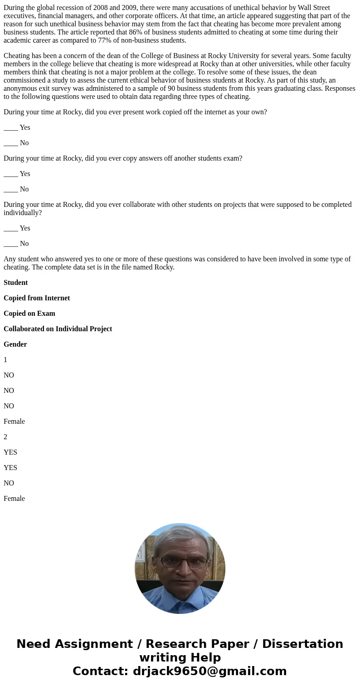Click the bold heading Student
[15, 283]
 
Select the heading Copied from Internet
[37, 298]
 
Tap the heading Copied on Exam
[29, 314]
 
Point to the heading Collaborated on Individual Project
[58, 329]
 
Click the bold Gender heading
[15, 344]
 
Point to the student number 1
[5, 360]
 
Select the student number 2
[5, 437]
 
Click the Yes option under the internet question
[24, 127]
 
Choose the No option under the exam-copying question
[24, 189]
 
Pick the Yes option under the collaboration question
[24, 228]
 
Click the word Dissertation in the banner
[302, 644]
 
